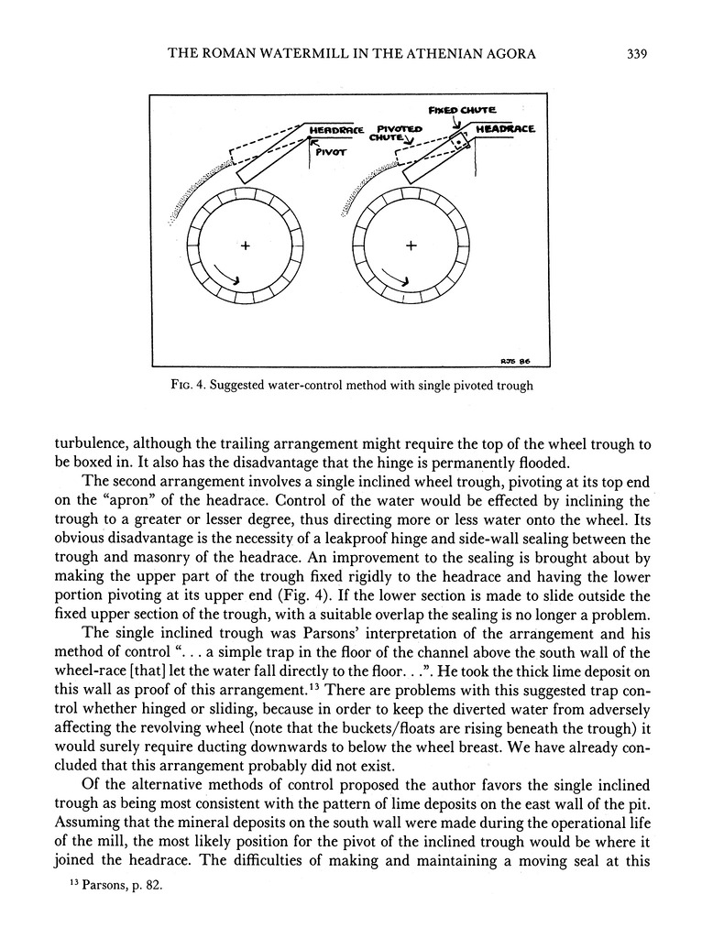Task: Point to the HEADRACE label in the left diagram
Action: point(337,130)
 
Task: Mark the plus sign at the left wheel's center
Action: point(245,245)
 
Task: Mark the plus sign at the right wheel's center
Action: point(411,245)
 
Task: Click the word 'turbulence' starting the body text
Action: point(93,442)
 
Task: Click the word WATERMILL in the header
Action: point(281,54)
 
